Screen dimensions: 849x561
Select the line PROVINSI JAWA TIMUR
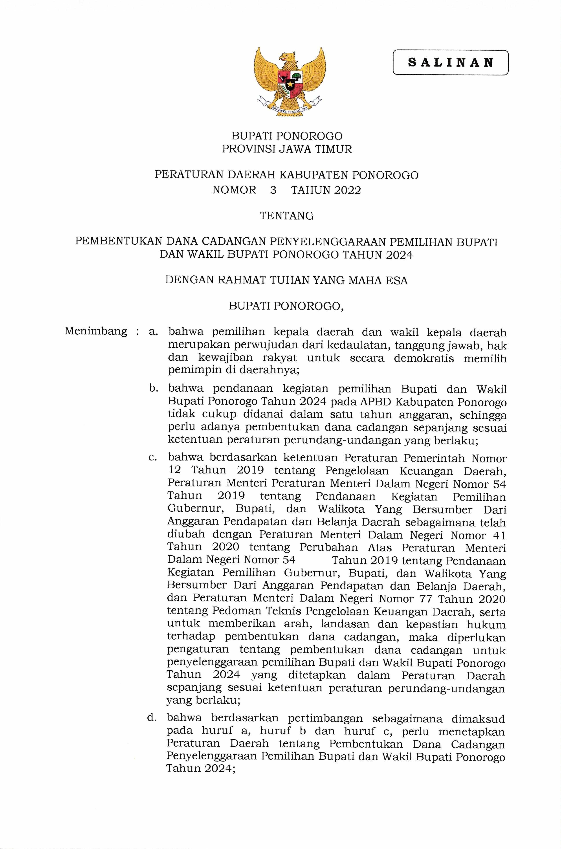(x=287, y=149)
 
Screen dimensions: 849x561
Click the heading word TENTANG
(x=287, y=216)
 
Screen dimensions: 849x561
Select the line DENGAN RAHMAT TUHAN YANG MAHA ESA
(x=286, y=280)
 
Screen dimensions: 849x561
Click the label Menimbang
(x=96, y=331)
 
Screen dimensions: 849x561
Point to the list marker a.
(x=153, y=332)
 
